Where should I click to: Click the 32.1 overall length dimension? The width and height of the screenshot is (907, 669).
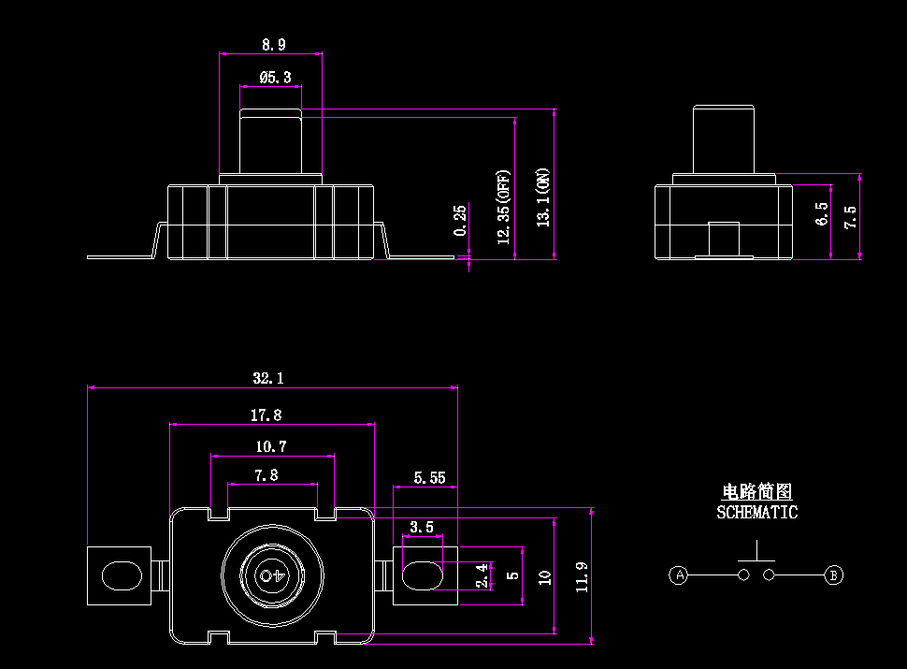point(267,379)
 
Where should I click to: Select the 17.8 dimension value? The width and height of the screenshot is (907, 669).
point(266,414)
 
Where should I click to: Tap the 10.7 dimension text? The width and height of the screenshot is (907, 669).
point(271,446)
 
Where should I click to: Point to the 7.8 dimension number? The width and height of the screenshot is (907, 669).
point(266,475)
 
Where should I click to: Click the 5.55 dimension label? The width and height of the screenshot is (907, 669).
point(429,478)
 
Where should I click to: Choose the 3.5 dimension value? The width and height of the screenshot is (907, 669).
point(422,528)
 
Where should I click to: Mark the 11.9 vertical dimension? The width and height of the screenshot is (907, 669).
point(583,577)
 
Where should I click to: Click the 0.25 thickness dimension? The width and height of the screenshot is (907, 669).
point(459,220)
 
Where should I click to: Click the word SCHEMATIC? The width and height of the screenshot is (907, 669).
point(756,513)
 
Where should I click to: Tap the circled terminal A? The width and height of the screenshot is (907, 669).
point(680,574)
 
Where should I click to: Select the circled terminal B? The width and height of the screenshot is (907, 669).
point(834,574)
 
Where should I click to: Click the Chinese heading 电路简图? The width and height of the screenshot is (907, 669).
point(757,492)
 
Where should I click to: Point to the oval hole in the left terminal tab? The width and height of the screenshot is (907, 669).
point(120,574)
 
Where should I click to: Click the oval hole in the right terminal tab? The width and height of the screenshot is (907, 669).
point(422,574)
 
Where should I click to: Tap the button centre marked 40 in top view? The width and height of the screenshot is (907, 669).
point(272,574)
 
